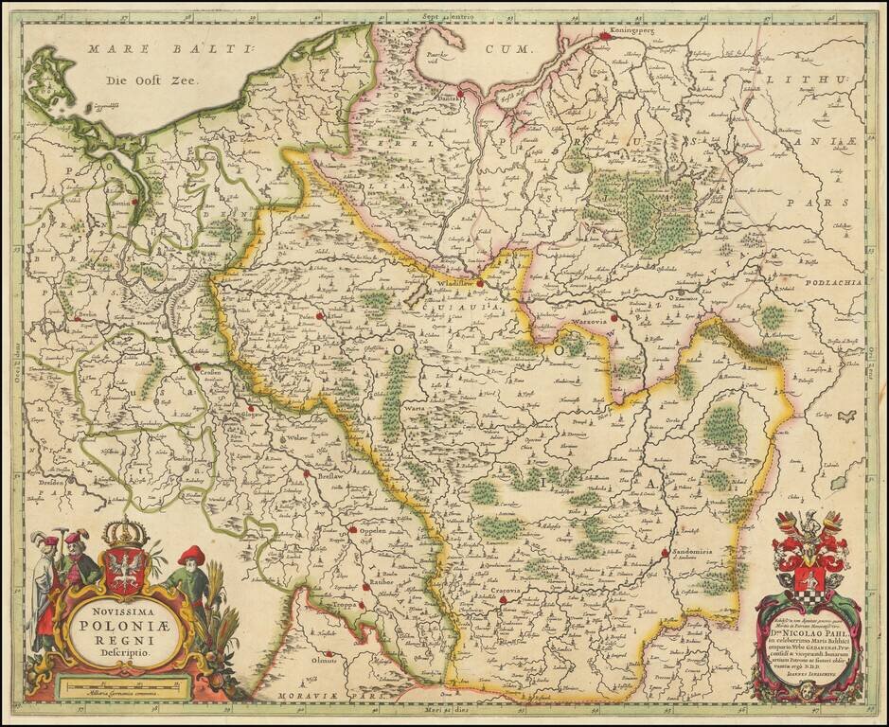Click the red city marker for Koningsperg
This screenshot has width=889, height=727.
(606, 37)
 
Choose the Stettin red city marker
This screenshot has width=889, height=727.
(135, 201)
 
